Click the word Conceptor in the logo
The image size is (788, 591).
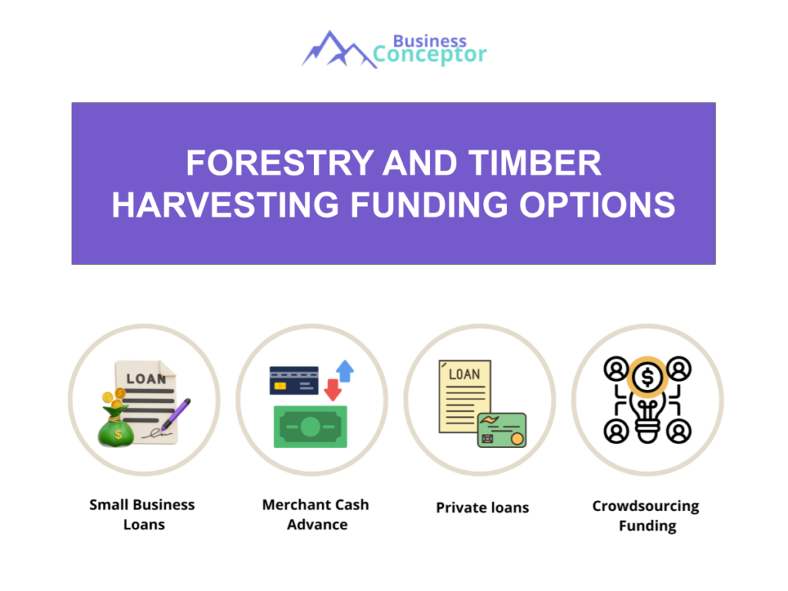[x=429, y=55]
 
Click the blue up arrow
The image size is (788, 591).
[x=345, y=372]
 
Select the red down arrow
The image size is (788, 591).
[x=332, y=390]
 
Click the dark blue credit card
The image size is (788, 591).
[x=294, y=380]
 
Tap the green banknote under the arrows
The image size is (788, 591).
[x=310, y=426]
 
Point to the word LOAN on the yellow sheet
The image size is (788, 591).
[x=464, y=374]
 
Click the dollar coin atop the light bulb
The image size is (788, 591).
[x=648, y=377]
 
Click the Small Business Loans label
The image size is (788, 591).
[x=142, y=515]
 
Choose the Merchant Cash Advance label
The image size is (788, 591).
[x=316, y=515]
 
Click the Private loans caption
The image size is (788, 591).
[x=482, y=508]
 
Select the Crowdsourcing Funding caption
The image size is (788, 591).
[x=646, y=516]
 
